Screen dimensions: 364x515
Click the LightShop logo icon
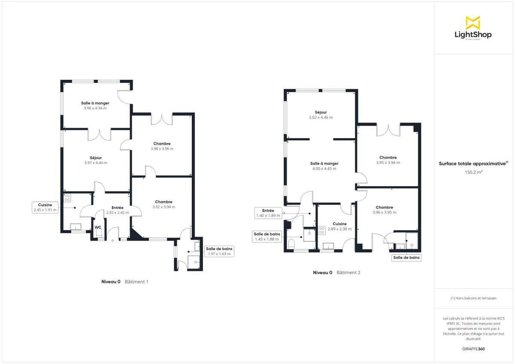coord(473,23)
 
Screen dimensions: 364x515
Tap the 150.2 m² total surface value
coord(473,172)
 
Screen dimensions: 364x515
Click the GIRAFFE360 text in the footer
coord(473,349)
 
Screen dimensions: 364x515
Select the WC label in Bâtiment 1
coord(98,227)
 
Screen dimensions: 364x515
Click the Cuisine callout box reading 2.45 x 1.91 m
coord(45,208)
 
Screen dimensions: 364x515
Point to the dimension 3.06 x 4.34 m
coord(95,108)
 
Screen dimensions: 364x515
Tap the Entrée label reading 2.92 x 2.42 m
coord(118,210)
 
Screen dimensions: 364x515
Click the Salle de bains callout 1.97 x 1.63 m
coord(219,251)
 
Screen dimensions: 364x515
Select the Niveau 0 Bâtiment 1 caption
coord(124,282)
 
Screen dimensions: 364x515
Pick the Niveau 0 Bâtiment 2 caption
coord(336,273)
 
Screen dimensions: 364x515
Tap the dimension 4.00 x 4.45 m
coord(324,168)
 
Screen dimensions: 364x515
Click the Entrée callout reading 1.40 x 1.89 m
coord(268,213)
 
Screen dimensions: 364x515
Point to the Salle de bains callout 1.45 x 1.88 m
coord(267,237)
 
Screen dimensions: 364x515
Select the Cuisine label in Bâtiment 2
coord(339,224)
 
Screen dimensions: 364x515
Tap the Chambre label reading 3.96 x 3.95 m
coord(384,210)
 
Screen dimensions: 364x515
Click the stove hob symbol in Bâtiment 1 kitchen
coord(67,198)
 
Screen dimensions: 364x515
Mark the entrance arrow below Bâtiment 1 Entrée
coord(113,241)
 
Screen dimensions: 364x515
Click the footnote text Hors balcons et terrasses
coord(473,298)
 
